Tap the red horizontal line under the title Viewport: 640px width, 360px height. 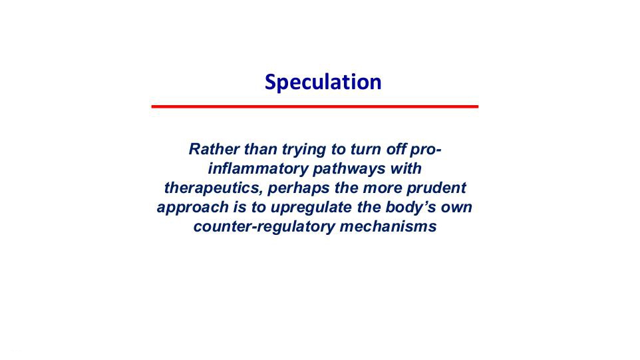click(x=315, y=106)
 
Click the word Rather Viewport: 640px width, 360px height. click(x=214, y=149)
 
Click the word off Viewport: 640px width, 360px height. click(x=397, y=149)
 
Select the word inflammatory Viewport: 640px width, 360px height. click(x=257, y=169)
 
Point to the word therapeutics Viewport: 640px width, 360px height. click(x=214, y=188)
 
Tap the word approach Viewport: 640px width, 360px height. click(x=193, y=208)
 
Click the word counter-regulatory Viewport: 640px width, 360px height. click(x=264, y=227)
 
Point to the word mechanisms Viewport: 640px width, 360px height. click(x=388, y=226)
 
